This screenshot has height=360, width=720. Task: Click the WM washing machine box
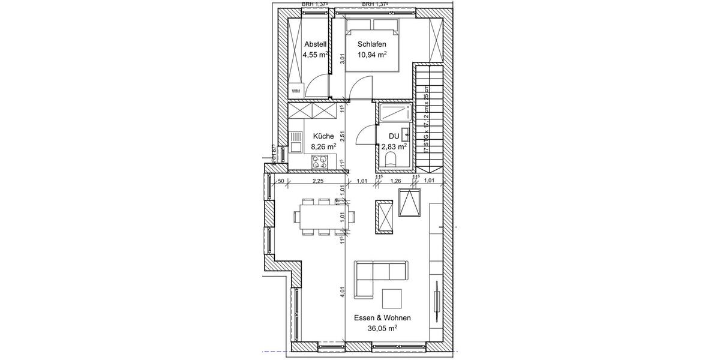point(296,91)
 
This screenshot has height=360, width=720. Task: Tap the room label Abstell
point(315,44)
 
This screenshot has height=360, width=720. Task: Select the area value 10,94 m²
point(371,55)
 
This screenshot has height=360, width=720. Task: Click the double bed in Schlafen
point(371,45)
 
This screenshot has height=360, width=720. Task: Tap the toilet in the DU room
point(391,159)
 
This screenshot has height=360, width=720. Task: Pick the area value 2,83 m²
point(394,146)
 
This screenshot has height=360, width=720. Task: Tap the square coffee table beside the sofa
point(392,300)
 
